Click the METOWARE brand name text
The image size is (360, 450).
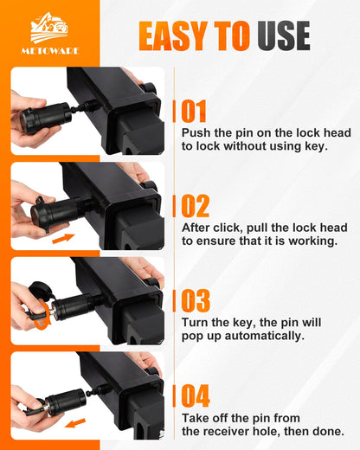tap(50, 51)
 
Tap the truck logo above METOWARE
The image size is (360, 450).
tap(49, 28)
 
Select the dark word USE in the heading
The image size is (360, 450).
tap(284, 35)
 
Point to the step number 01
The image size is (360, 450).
tap(194, 111)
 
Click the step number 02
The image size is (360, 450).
tap(195, 206)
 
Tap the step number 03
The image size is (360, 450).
tap(196, 300)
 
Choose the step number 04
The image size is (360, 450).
tap(196, 395)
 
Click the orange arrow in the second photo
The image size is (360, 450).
tap(63, 239)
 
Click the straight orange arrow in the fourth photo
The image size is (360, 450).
tap(75, 423)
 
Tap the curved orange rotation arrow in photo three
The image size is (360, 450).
tap(42, 316)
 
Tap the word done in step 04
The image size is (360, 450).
tap(330, 431)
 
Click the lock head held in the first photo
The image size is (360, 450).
tap(46, 119)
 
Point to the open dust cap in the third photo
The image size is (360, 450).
tap(40, 290)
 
